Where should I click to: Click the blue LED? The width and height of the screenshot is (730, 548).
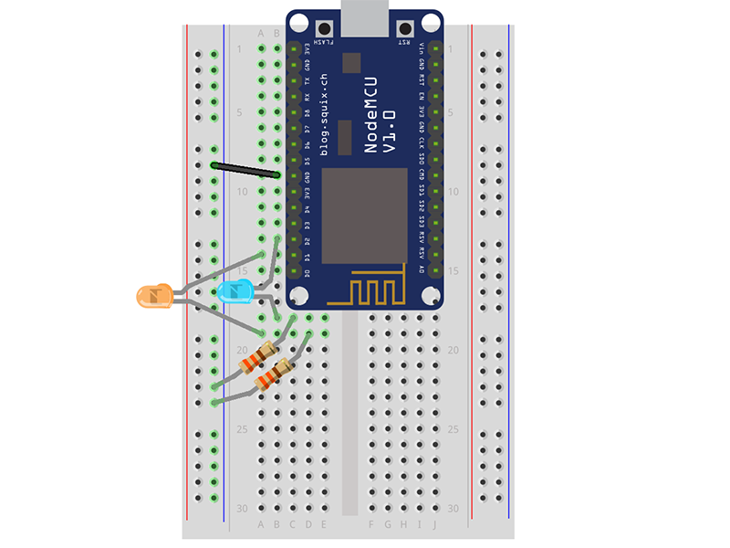[x=235, y=293]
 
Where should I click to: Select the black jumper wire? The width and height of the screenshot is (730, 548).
[x=245, y=169]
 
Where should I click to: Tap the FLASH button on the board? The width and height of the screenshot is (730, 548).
[x=322, y=28]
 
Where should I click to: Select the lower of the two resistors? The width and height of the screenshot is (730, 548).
[x=274, y=374]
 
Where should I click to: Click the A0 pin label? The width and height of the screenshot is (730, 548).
[x=421, y=270]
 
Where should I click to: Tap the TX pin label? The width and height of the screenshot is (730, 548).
[x=308, y=79]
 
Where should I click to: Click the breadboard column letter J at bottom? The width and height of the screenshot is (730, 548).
[x=435, y=524]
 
